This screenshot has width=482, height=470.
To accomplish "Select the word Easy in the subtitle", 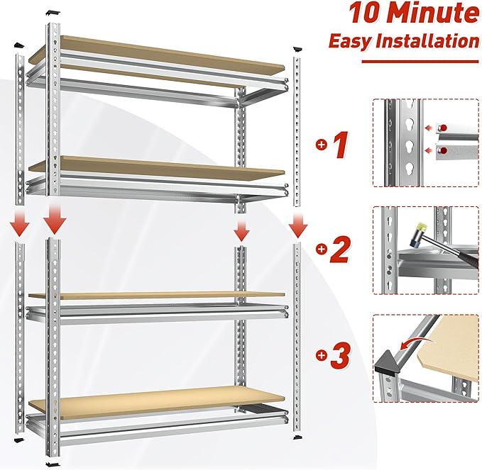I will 352,40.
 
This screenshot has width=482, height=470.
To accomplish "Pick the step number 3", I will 340,355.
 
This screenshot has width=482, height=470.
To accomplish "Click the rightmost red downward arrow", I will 297,228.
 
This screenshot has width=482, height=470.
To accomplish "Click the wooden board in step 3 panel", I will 447,347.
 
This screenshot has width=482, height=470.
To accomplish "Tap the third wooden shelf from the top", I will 156,294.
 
